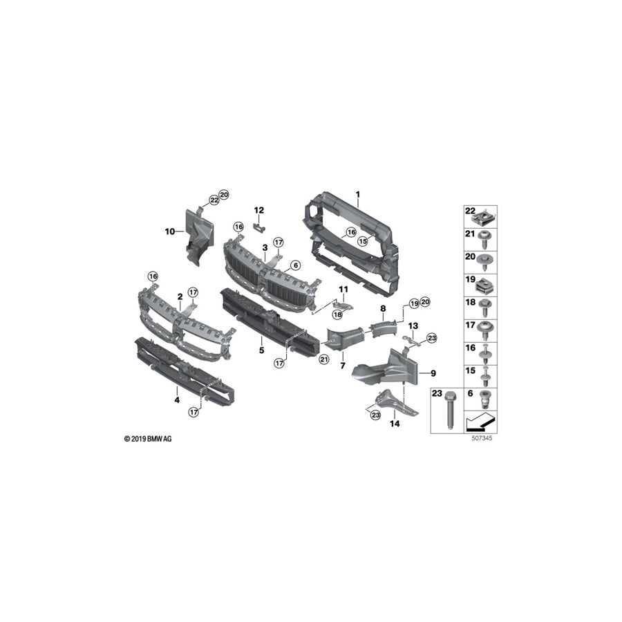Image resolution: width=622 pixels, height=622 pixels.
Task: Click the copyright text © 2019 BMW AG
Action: click(x=148, y=439)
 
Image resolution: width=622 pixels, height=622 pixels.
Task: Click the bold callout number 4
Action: click(x=177, y=399)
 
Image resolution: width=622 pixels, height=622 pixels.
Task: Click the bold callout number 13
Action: click(x=413, y=325)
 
